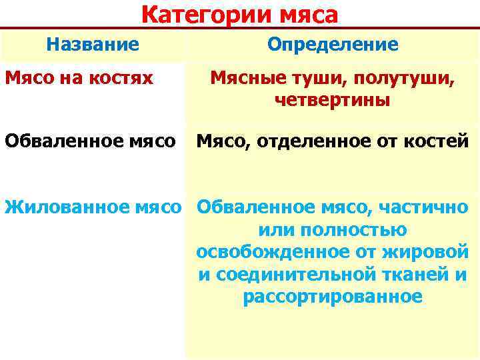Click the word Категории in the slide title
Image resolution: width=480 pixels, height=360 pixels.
193,15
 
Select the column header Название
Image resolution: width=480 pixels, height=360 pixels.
93,45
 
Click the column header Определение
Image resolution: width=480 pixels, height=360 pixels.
333,45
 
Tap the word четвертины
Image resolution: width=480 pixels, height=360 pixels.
332,101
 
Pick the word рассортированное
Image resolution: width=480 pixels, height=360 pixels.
332,297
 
